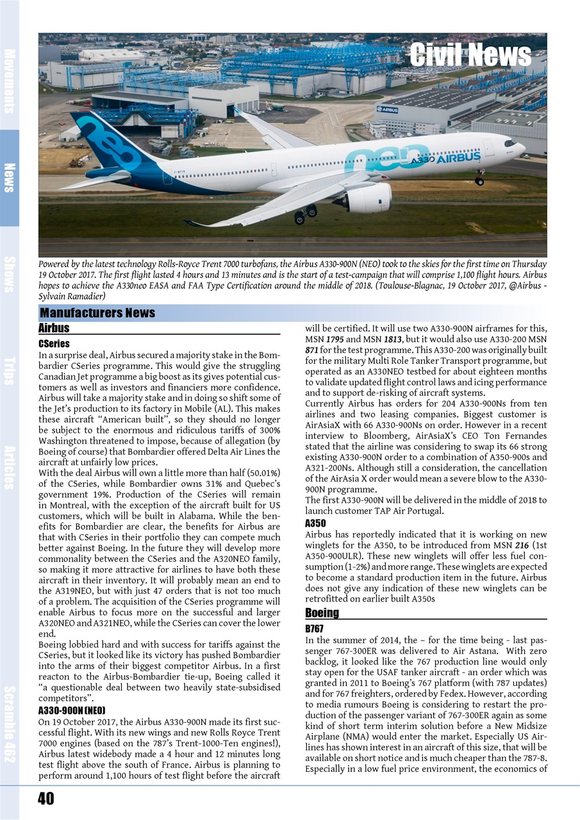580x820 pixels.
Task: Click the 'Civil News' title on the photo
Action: [x=470, y=55]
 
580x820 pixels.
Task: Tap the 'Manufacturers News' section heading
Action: [x=97, y=313]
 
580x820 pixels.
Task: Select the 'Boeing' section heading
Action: [x=322, y=612]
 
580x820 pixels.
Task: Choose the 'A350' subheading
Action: [x=315, y=523]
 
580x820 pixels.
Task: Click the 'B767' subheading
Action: [x=315, y=629]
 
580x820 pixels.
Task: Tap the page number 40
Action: [x=46, y=798]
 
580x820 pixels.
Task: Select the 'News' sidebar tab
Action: [x=10, y=177]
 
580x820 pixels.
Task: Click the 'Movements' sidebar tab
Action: [x=10, y=80]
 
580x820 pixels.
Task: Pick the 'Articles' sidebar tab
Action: [x=10, y=467]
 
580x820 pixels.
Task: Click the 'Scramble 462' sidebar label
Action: [x=10, y=724]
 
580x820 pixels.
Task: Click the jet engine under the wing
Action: [x=367, y=198]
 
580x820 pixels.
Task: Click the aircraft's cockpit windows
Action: [x=510, y=143]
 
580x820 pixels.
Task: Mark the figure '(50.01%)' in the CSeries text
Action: [x=259, y=473]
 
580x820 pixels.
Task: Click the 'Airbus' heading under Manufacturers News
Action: [x=54, y=328]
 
